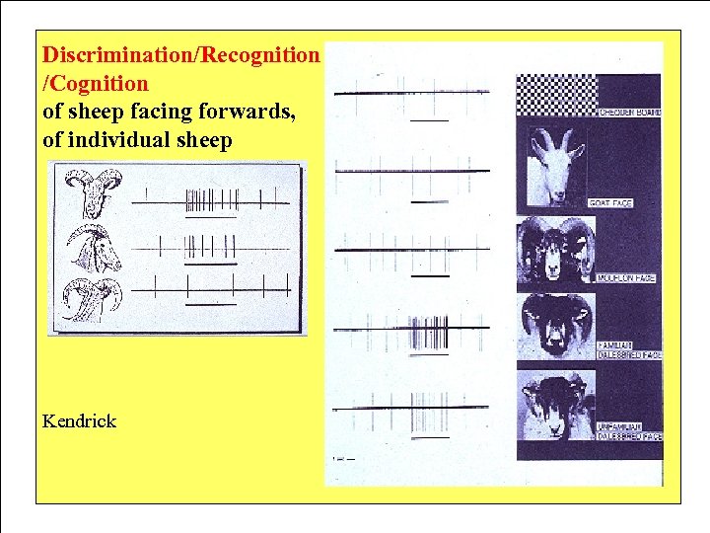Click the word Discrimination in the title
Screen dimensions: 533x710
point(119,53)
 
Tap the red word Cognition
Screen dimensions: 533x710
point(100,83)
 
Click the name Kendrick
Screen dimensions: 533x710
point(80,421)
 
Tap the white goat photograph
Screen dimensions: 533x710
point(555,169)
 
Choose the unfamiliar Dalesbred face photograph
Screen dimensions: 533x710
point(554,404)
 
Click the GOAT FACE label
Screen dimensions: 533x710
point(610,202)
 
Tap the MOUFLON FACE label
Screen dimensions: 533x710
point(625,278)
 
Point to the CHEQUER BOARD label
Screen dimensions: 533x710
point(629,113)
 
